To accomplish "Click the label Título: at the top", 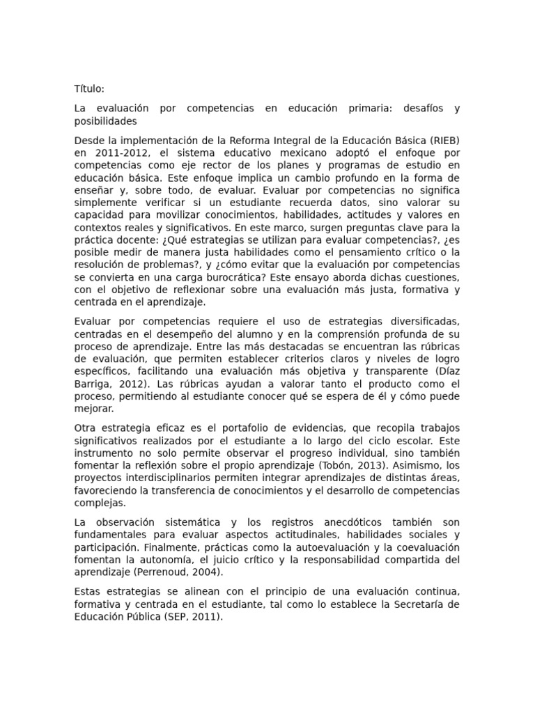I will point(89,89).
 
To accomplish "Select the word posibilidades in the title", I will point(106,121).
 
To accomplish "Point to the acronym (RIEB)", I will point(443,141).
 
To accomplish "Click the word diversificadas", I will point(418,321).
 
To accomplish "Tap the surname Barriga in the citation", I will point(91,384).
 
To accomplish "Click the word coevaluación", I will point(425,547).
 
